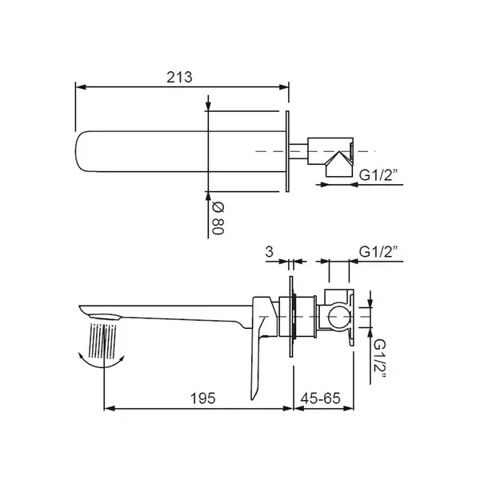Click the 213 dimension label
pos(179,77)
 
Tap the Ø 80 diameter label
pos(218,218)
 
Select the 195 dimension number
pos(203,398)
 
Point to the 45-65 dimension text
pos(321,398)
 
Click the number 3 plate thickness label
pos(269,252)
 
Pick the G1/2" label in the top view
pos(378,175)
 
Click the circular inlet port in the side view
pos(339,316)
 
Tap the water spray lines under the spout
pos(103,341)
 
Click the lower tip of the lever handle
pos(253,399)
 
